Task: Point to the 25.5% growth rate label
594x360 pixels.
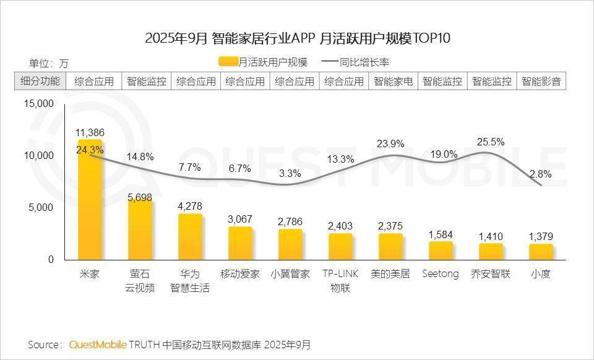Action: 491,142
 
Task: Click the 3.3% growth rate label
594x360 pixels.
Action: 290,173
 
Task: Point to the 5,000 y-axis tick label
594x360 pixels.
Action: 41,208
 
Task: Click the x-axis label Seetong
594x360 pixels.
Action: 441,274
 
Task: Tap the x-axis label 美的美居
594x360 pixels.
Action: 390,274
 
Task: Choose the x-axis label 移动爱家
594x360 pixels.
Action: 240,274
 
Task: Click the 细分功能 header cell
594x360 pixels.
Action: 40,81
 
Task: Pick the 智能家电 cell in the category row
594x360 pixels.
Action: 394,81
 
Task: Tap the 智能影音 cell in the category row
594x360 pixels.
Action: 541,81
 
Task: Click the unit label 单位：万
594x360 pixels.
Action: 49,63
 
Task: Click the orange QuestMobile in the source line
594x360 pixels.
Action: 98,345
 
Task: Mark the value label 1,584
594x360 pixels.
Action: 441,234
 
